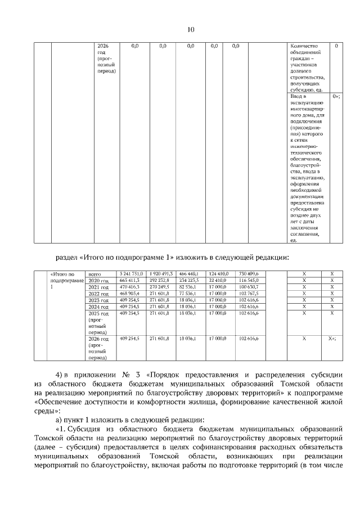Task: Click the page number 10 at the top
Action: tap(190, 30)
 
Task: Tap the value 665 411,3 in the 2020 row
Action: tap(130, 280)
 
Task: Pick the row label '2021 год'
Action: tap(98, 287)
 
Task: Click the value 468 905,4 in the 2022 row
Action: tap(130, 294)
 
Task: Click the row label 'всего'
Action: tap(91, 274)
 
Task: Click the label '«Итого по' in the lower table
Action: tap(64, 274)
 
